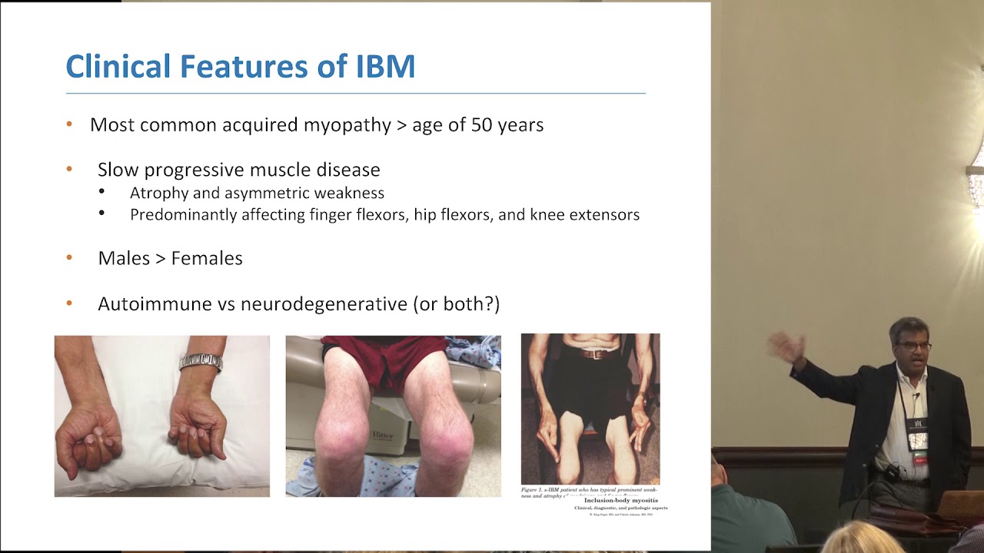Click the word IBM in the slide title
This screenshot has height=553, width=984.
tap(386, 66)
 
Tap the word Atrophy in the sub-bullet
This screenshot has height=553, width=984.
tap(158, 193)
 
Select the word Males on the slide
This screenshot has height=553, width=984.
tap(123, 258)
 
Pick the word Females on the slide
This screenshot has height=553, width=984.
tap(207, 258)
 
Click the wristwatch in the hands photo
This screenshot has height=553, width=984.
tap(201, 362)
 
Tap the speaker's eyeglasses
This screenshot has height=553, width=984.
tap(913, 346)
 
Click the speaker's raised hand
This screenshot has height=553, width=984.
tap(786, 347)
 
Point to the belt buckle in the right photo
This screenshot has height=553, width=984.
tap(590, 354)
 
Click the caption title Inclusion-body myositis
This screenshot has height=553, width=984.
tap(620, 500)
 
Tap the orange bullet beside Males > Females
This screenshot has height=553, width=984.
tap(69, 258)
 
